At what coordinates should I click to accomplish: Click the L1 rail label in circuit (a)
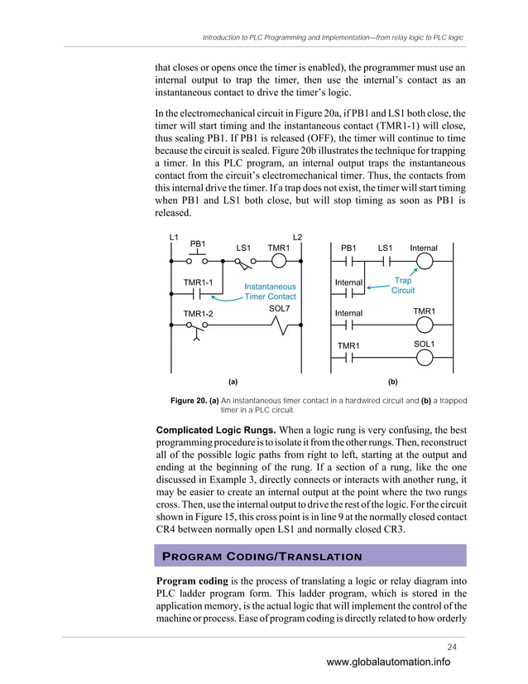coord(174,238)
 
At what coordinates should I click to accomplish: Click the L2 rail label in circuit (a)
coord(298,238)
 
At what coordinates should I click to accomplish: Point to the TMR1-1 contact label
coord(198,282)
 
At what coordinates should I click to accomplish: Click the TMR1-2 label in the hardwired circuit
coord(198,313)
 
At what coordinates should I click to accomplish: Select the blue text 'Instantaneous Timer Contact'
coord(270,291)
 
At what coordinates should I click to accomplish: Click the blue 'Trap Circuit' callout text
coord(403,286)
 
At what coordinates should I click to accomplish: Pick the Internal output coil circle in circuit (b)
coord(425,263)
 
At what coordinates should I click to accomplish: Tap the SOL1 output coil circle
coord(425,358)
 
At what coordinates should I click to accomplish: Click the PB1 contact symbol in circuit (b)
coord(349,263)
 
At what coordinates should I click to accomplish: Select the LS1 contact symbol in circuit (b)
coord(385,263)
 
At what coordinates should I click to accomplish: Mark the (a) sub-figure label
coord(233,382)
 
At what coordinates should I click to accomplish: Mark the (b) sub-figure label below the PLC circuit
coord(392,382)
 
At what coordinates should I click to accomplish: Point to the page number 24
coord(451,646)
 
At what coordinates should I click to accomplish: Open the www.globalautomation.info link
coord(388,662)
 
